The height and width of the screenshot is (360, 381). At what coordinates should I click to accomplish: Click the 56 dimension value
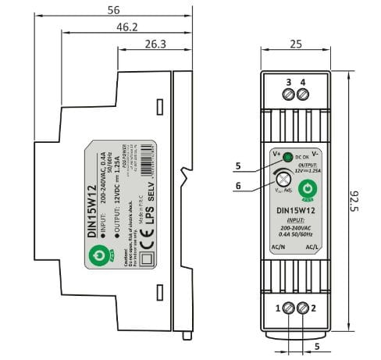click(x=114, y=10)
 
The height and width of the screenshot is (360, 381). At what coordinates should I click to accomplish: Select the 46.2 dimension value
click(x=127, y=27)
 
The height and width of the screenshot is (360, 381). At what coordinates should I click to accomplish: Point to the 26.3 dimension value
click(x=155, y=44)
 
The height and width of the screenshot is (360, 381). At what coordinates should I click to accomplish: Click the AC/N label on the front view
click(x=277, y=248)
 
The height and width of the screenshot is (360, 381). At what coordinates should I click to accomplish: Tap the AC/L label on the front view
click(x=312, y=248)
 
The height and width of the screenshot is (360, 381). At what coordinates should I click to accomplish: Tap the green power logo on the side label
click(x=98, y=254)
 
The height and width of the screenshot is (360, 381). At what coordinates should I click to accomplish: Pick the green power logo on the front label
click(x=306, y=189)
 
